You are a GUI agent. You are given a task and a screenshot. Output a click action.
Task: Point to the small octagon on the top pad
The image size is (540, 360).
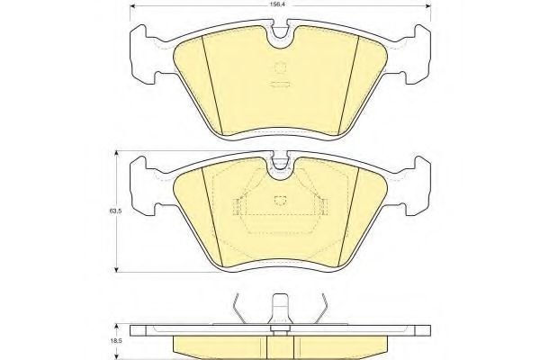tap(281, 67)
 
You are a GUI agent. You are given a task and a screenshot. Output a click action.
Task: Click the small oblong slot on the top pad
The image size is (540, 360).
tap(280, 84)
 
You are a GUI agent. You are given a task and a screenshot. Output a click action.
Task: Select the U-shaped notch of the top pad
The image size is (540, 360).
tap(280, 36)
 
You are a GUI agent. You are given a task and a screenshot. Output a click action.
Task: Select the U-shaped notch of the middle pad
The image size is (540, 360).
tap(280, 166)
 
